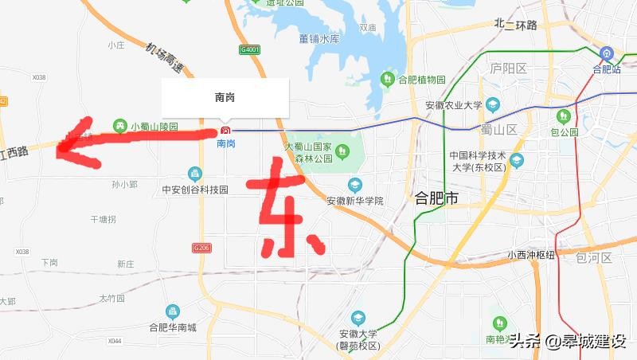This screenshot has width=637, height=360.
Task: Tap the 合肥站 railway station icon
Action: [607, 54]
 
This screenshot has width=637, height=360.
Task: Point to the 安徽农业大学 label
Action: [453, 104]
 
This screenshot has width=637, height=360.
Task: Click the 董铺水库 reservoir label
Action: [319, 38]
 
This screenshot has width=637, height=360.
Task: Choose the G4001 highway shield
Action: [249, 49]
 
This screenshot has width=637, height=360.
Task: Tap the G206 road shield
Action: [202, 248]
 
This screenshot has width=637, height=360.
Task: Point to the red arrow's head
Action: [64, 143]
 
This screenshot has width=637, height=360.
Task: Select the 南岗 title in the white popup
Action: [225, 97]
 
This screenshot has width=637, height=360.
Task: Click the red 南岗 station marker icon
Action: [225, 130]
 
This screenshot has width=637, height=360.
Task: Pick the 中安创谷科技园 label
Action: [195, 190]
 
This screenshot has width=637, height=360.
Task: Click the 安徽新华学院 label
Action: [354, 200]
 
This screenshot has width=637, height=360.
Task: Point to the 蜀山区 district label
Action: [499, 129]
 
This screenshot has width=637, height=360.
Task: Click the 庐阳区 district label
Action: [509, 68]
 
